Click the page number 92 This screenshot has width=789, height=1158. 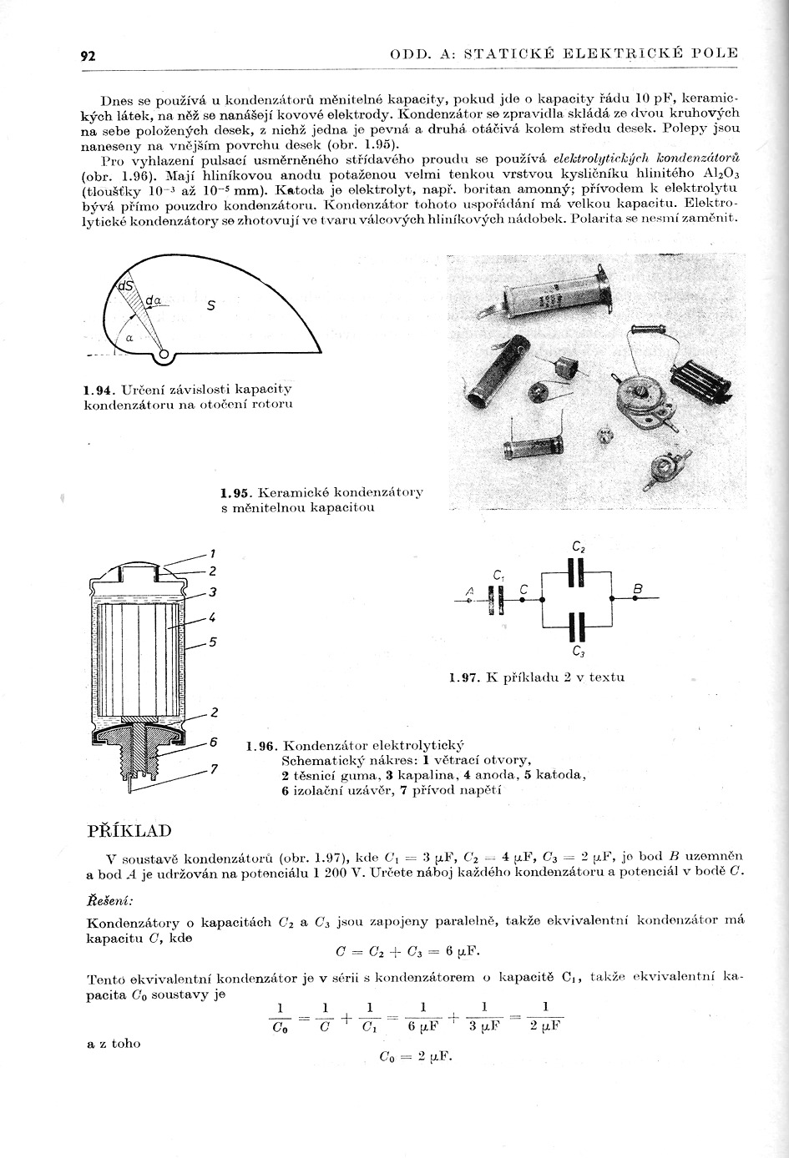pyautogui.click(x=88, y=56)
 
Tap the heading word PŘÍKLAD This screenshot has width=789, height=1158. pyautogui.click(x=129, y=830)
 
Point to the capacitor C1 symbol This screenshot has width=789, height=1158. pyautogui.click(x=498, y=599)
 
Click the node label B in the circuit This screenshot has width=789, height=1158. pyautogui.click(x=638, y=590)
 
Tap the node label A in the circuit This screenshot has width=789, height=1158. pyautogui.click(x=469, y=592)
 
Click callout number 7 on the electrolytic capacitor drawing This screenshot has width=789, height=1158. pyautogui.click(x=214, y=768)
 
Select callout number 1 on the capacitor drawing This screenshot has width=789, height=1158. pyautogui.click(x=213, y=553)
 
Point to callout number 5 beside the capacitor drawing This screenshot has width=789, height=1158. pyautogui.click(x=213, y=642)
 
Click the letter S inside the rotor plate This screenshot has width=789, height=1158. pyautogui.click(x=211, y=306)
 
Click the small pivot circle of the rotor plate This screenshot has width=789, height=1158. pyautogui.click(x=164, y=356)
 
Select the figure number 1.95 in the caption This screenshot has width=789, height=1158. pyautogui.click(x=236, y=492)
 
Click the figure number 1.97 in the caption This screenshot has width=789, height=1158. pyautogui.click(x=463, y=677)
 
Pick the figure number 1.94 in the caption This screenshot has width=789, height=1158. pyautogui.click(x=99, y=390)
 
